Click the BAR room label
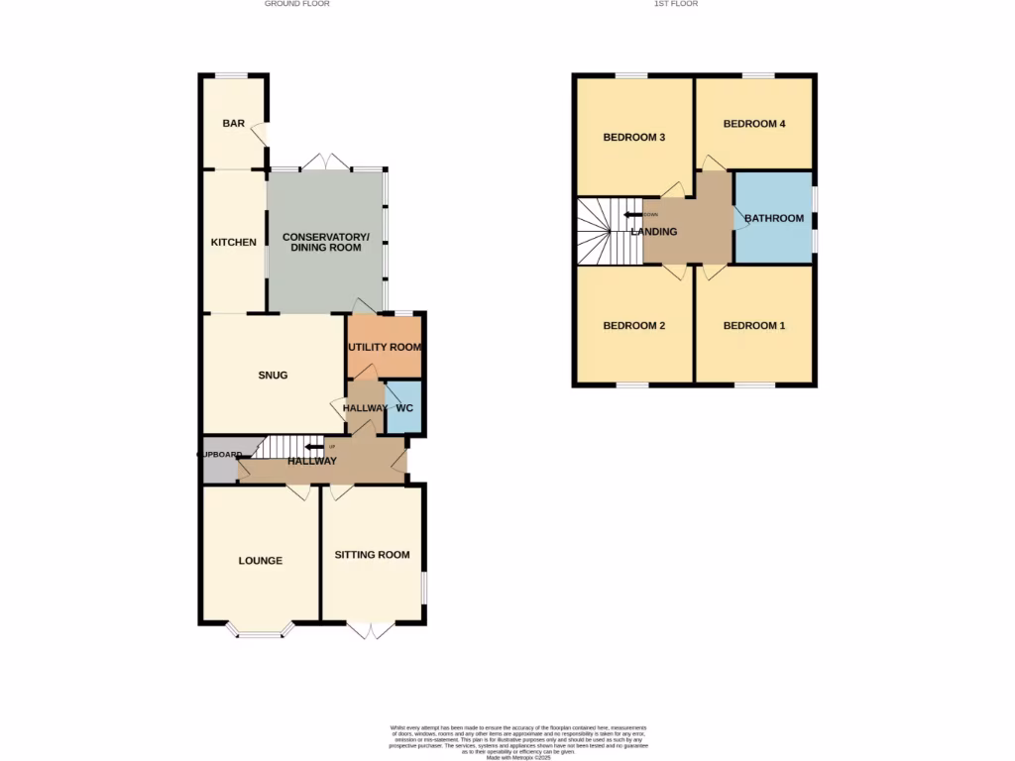click(x=233, y=124)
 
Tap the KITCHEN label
click(x=233, y=243)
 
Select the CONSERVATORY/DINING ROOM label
click(x=325, y=243)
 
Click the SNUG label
click(x=273, y=376)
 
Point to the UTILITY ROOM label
click(x=385, y=348)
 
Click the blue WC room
click(x=403, y=408)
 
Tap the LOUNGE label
click(x=261, y=561)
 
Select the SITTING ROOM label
click(x=372, y=555)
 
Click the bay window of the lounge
click(x=261, y=629)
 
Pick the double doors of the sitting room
click(x=372, y=629)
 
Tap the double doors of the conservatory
click(x=326, y=162)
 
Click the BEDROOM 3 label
click(x=634, y=138)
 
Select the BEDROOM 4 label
click(x=754, y=124)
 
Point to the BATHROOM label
click(x=774, y=218)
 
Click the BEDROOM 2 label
click(x=634, y=326)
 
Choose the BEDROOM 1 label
click(x=754, y=326)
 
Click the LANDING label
click(x=654, y=232)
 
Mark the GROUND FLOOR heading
click(x=297, y=4)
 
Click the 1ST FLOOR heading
click(x=676, y=4)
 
